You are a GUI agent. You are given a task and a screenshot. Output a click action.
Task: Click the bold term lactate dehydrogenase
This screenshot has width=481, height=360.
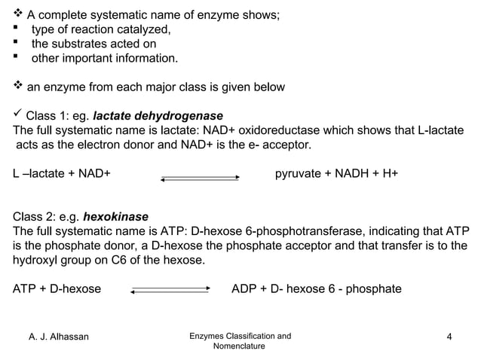click(x=158, y=116)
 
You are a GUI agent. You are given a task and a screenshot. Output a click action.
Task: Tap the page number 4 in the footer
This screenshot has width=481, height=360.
click(x=449, y=336)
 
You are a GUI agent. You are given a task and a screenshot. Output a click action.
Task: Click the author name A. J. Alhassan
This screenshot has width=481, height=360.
click(x=59, y=336)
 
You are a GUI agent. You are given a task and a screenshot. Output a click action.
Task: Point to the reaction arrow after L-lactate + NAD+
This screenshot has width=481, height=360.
click(x=200, y=178)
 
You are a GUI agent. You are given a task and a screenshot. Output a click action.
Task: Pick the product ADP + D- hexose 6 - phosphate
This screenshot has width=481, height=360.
click(x=316, y=289)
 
